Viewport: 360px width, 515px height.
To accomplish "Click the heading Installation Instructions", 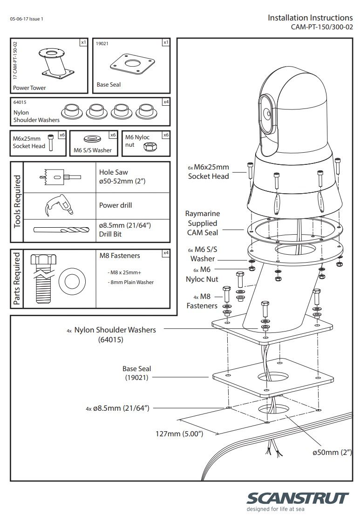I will (x=310, y=18).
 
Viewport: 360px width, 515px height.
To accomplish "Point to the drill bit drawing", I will (x=61, y=230).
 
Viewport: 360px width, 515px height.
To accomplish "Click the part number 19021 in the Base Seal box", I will (x=102, y=43).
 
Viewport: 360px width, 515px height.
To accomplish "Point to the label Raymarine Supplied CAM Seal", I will (x=202, y=223).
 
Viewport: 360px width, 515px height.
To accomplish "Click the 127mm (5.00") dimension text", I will (x=179, y=434).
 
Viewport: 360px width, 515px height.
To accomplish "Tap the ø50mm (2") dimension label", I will (x=332, y=452).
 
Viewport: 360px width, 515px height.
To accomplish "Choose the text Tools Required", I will (x=17, y=202).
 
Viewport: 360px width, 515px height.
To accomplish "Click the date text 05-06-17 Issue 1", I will (x=27, y=19).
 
